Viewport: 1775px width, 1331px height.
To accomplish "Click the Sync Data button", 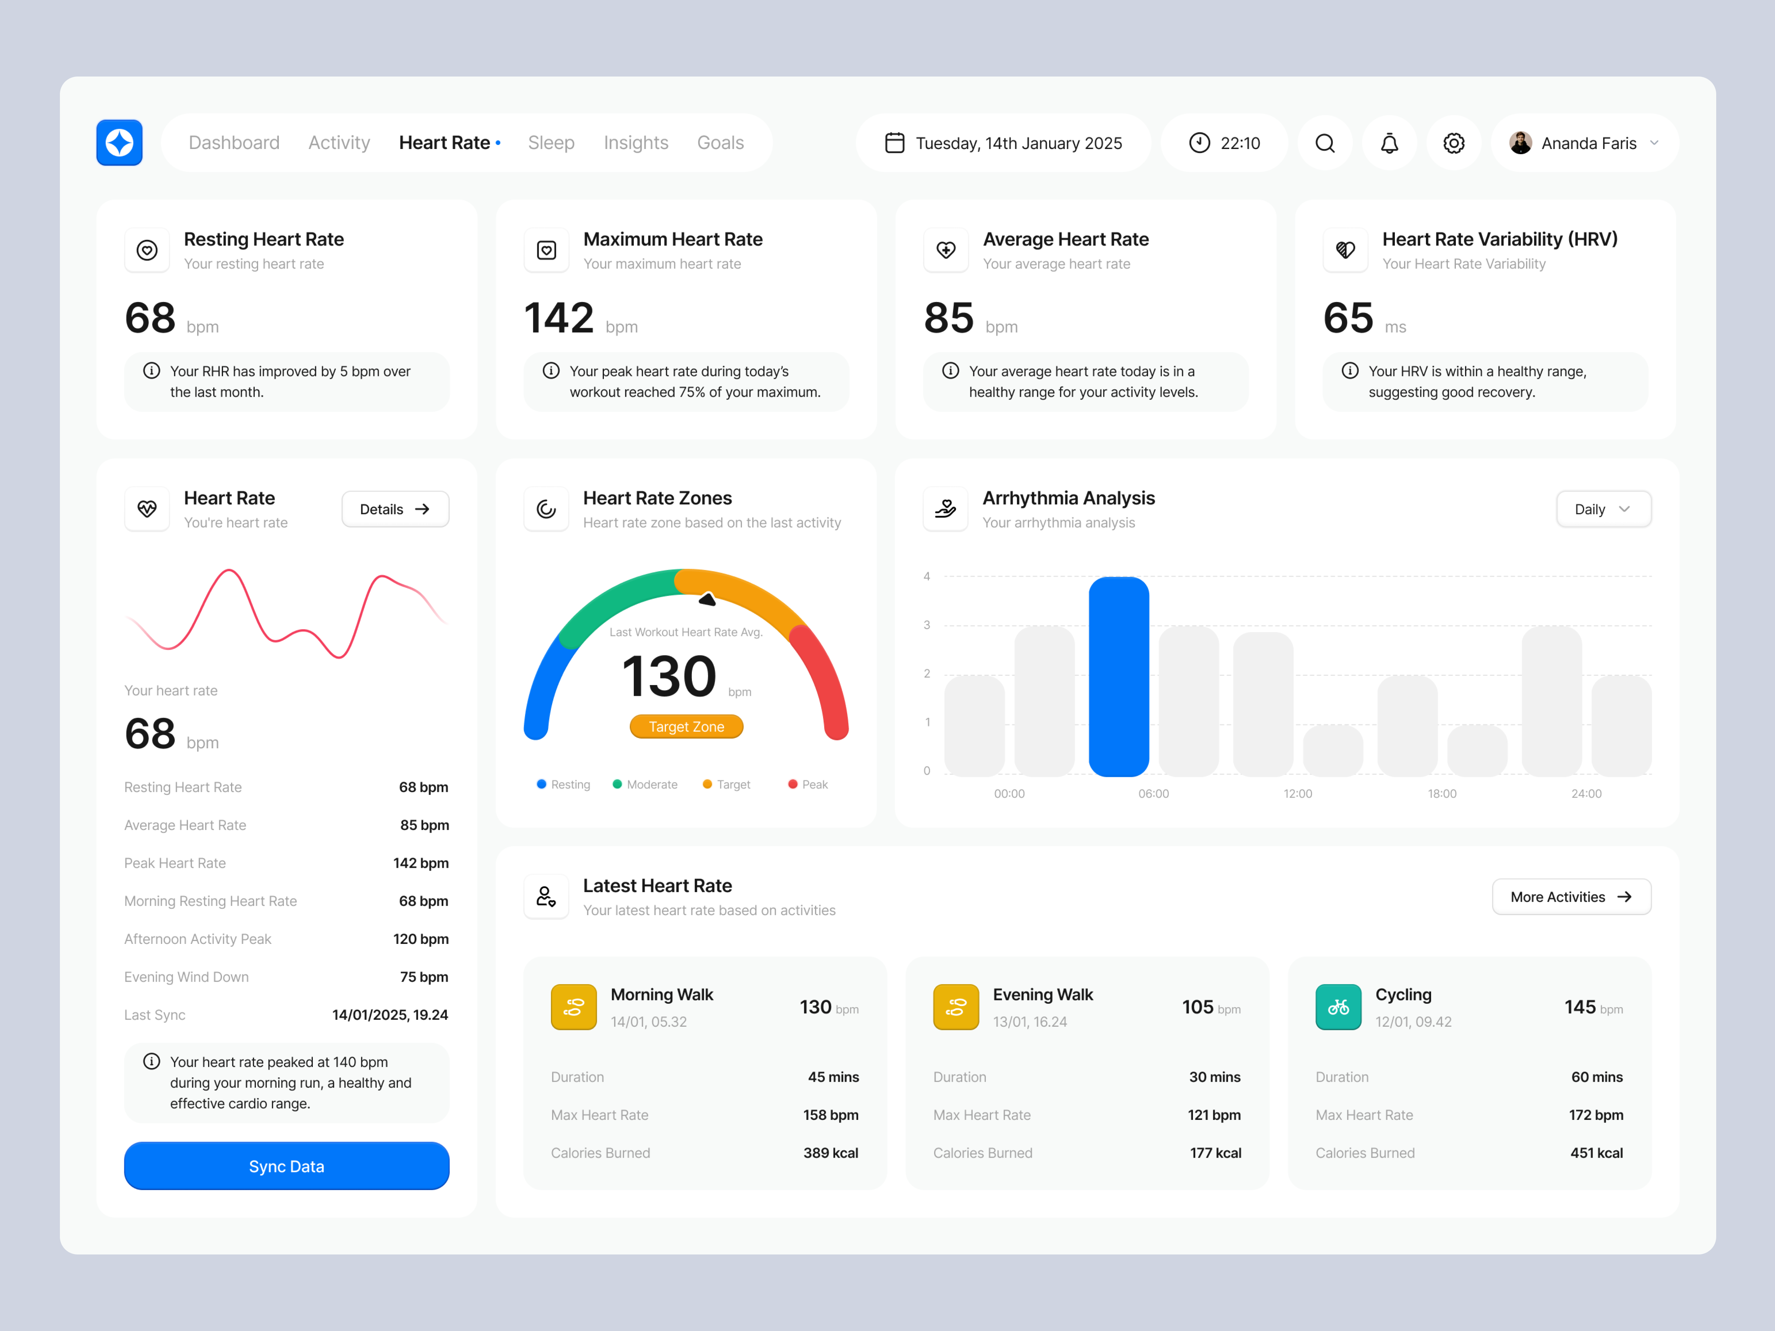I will (x=287, y=1166).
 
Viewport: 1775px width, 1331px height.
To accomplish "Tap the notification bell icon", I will (x=1389, y=143).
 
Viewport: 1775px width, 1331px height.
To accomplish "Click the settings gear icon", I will (x=1453, y=143).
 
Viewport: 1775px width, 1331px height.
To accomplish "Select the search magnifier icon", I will (x=1325, y=143).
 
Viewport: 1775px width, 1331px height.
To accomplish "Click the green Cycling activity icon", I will (x=1338, y=1007).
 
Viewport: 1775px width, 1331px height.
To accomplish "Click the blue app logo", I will (x=119, y=143).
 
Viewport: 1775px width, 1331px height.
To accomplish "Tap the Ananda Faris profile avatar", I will (x=1520, y=143).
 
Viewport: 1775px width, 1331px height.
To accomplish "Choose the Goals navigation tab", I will (x=720, y=143).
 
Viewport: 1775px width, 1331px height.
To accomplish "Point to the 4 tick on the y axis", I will (x=927, y=576).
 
